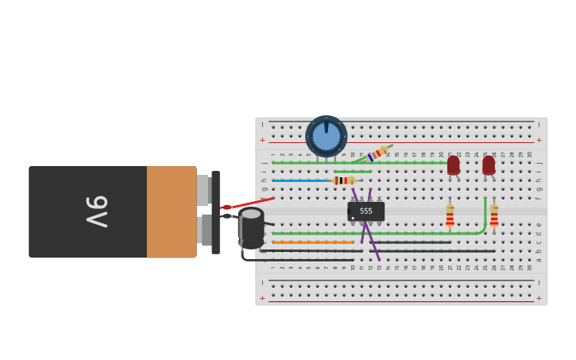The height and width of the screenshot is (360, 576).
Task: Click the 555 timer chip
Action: (x=365, y=211)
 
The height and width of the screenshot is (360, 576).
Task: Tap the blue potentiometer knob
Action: (x=326, y=136)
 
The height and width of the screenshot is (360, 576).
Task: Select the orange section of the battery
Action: (x=171, y=211)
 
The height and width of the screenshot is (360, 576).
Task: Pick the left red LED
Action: (x=453, y=165)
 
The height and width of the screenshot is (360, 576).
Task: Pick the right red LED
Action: (x=489, y=165)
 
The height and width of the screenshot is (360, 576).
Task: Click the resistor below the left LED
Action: (x=450, y=215)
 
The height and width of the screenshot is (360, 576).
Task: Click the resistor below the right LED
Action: (x=494, y=215)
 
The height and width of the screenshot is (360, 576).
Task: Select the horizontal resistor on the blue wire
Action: (x=344, y=180)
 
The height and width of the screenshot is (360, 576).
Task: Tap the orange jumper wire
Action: (x=312, y=242)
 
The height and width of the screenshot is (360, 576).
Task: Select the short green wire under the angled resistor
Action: (x=352, y=172)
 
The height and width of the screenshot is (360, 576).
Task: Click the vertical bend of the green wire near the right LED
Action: (x=485, y=213)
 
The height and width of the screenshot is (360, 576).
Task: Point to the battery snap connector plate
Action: (x=215, y=212)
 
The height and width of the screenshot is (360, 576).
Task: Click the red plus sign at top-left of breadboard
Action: (x=262, y=140)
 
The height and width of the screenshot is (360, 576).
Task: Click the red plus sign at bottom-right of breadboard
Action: (x=539, y=298)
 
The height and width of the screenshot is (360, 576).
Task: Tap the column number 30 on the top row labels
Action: (x=530, y=154)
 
